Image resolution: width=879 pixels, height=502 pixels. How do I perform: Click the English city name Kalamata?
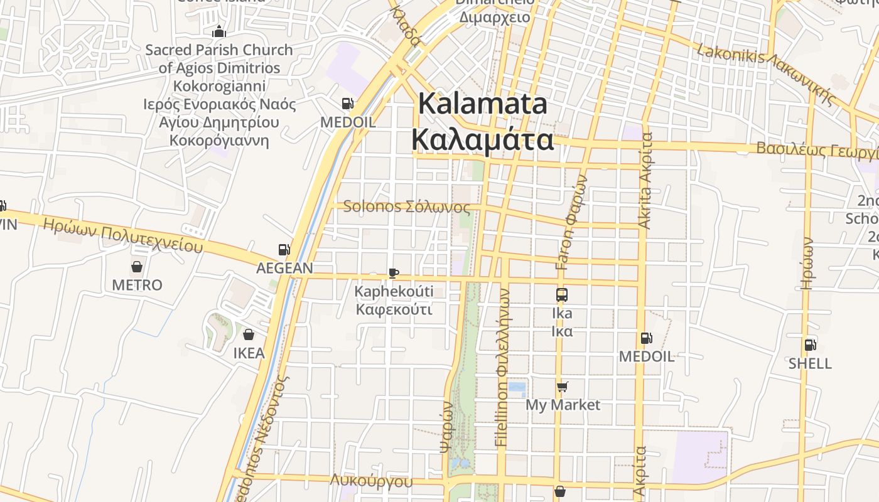(x=483, y=104)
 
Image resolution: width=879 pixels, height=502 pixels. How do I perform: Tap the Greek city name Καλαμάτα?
(x=483, y=140)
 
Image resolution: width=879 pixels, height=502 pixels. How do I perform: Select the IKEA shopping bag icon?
(x=249, y=334)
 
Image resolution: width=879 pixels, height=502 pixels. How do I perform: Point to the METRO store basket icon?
(x=137, y=267)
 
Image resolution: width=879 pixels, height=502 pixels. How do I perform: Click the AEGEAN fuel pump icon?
(x=284, y=250)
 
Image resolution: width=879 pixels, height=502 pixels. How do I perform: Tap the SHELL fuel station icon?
(x=811, y=344)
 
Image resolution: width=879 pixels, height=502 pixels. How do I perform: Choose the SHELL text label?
(x=810, y=363)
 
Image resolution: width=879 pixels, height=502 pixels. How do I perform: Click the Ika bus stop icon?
(x=562, y=294)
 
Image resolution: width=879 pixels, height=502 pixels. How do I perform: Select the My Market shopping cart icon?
(x=563, y=387)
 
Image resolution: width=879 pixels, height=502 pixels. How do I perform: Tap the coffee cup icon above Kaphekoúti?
(x=394, y=273)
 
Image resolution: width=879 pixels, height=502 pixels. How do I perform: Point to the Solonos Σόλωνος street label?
(x=406, y=206)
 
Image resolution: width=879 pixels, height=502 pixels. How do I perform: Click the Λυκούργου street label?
(x=372, y=481)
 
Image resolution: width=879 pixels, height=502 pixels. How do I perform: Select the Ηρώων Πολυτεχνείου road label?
(x=123, y=236)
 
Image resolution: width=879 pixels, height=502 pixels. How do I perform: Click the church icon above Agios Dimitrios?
(x=219, y=31)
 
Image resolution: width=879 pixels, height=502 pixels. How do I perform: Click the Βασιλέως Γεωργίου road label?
(x=816, y=150)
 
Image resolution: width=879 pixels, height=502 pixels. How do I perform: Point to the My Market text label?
(x=563, y=405)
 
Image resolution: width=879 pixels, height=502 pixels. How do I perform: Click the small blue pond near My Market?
(x=516, y=389)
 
